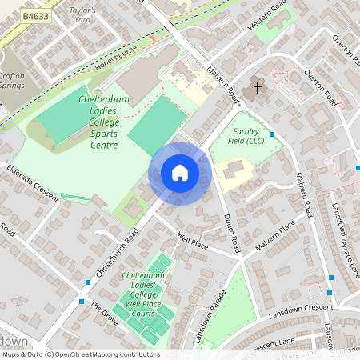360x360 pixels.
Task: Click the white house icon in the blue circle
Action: point(180,173)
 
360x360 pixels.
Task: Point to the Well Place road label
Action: point(192,241)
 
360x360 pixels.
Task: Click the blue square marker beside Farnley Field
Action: point(273,134)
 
